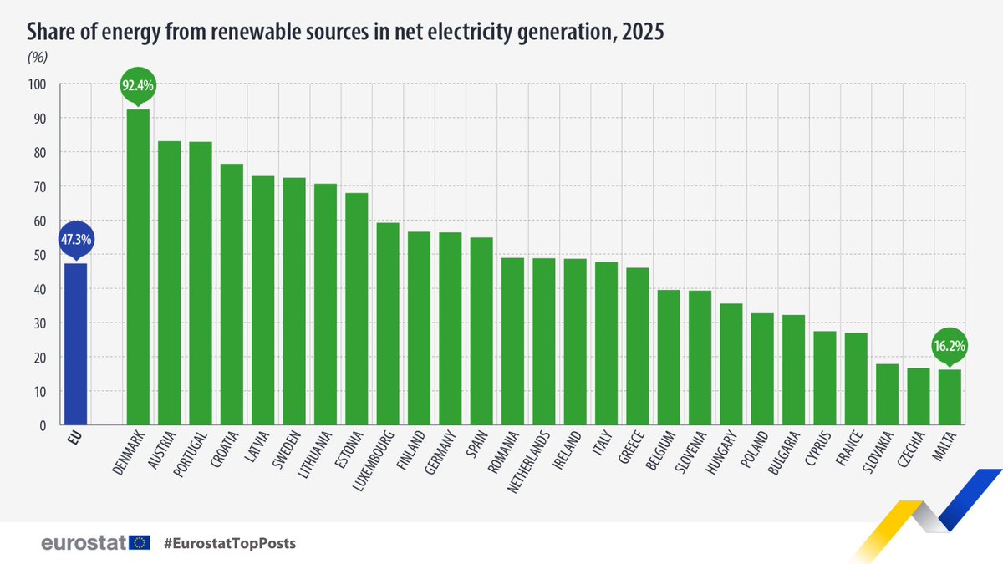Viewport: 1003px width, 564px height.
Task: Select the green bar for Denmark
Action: pos(138,267)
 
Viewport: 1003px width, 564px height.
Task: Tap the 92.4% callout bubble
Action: pos(138,84)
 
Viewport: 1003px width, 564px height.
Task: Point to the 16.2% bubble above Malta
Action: pos(950,344)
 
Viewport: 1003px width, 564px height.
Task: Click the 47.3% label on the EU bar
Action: pos(75,239)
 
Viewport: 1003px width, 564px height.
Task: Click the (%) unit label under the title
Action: pos(38,58)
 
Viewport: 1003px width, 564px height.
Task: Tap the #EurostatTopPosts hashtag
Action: pos(230,544)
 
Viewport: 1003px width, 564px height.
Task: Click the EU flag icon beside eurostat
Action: pos(140,543)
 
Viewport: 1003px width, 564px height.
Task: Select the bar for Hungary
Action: pos(731,364)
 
